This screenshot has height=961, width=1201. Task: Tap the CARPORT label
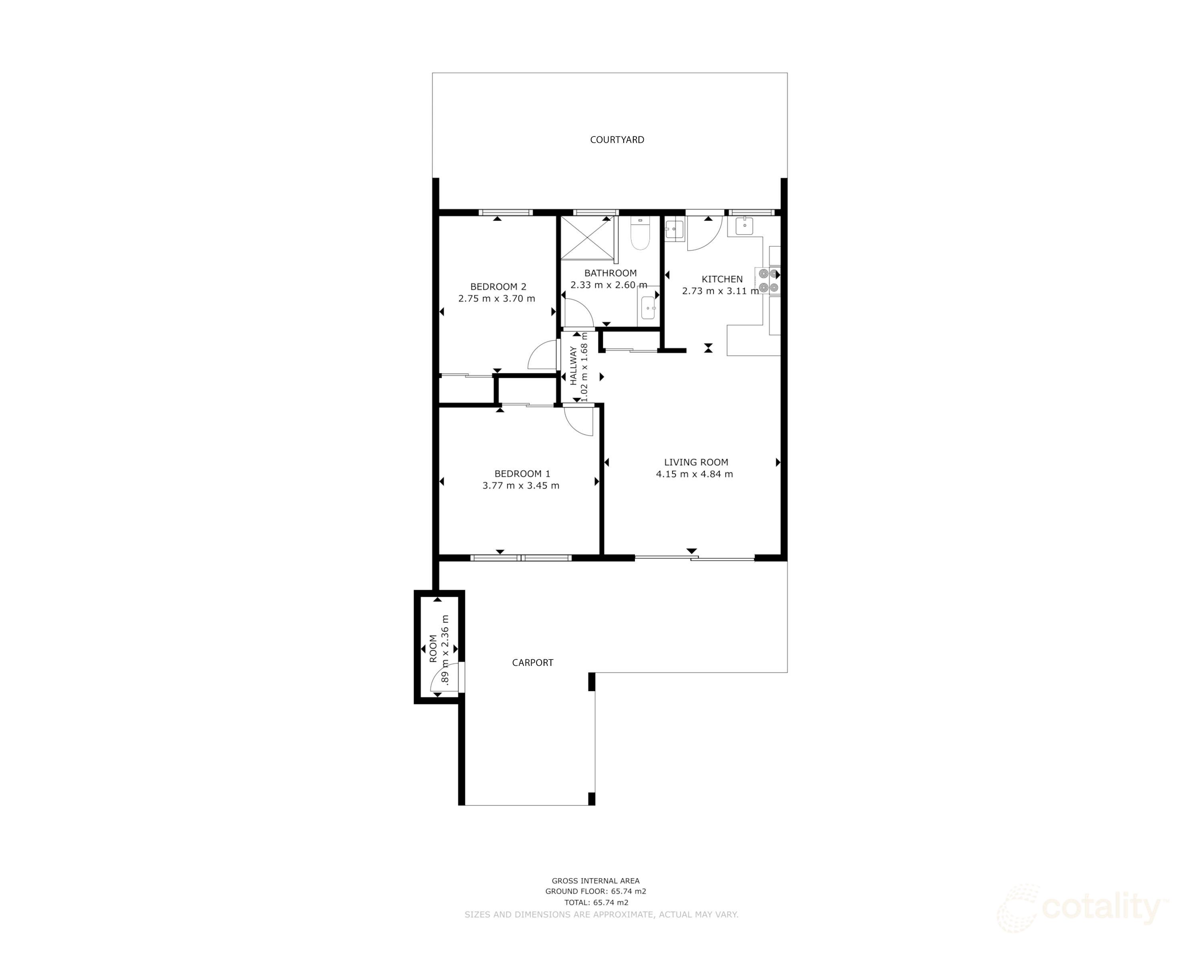coord(532,662)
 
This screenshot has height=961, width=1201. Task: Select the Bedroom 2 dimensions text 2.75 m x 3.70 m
coord(496,299)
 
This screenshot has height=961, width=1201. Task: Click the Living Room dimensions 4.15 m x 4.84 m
coord(694,474)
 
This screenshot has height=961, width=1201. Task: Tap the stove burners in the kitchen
coord(768,280)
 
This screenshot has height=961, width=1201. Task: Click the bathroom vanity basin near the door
coord(648,308)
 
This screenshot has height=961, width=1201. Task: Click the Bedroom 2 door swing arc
coord(542,356)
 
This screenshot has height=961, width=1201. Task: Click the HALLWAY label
coord(573,366)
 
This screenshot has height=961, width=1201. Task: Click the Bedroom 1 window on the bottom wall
coord(521,558)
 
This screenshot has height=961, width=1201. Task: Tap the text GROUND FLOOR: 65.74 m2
coord(595,891)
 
